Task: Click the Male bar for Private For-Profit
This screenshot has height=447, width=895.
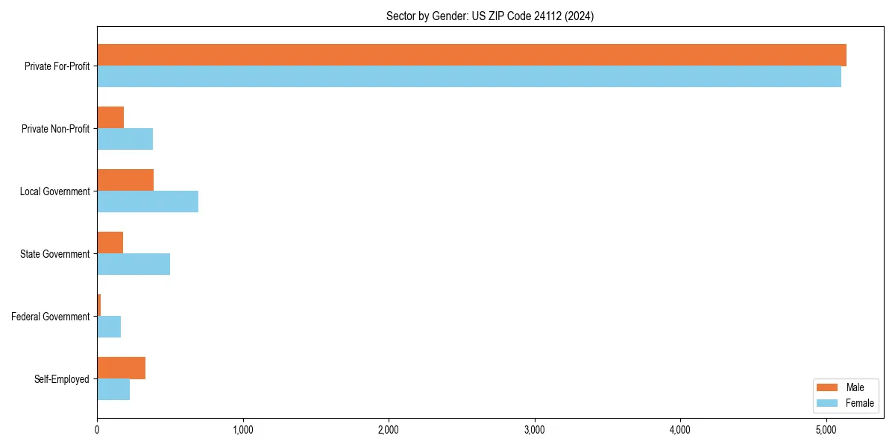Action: point(471,55)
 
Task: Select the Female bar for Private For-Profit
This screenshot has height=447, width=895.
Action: point(469,77)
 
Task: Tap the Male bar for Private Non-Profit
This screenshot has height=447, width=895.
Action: point(110,118)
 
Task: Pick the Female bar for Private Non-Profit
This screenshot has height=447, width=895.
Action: point(125,139)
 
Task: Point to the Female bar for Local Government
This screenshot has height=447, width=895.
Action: point(148,202)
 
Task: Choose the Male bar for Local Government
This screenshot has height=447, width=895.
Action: point(125,180)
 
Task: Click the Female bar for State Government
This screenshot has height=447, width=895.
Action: point(134,264)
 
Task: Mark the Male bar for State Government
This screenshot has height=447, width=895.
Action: point(110,243)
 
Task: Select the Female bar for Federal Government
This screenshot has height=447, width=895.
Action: point(109,327)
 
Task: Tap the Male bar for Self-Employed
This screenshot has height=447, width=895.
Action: point(121,368)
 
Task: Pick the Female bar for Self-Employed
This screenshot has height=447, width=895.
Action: point(113,390)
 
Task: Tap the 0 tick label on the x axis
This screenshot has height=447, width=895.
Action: point(97,430)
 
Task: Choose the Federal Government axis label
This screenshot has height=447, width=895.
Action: point(50,317)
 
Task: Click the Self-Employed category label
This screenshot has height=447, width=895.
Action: point(61,379)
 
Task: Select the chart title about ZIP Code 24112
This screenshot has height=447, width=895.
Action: point(490,16)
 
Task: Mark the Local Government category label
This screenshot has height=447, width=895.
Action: point(54,191)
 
